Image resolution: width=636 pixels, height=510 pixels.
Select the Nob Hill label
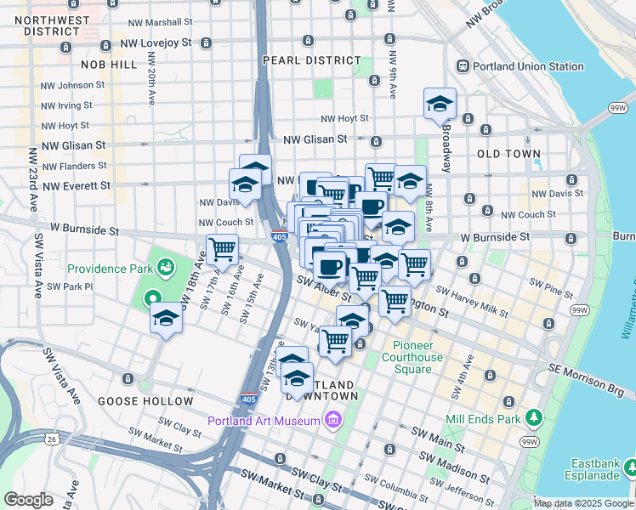click(108, 64)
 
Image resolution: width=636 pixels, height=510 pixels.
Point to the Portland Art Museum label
click(263, 420)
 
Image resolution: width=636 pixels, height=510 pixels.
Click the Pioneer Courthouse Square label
click(417, 352)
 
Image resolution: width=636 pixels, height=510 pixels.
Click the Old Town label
click(508, 154)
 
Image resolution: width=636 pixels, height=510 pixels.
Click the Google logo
click(28, 500)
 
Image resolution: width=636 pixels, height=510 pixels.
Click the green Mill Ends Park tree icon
click(534, 417)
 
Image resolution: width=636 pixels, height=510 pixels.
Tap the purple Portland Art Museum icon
click(332, 420)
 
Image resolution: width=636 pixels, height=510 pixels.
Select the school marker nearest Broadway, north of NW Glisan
click(440, 105)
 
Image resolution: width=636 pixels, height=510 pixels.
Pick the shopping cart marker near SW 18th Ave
click(222, 250)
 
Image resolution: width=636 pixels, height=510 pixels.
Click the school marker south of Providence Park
click(167, 319)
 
